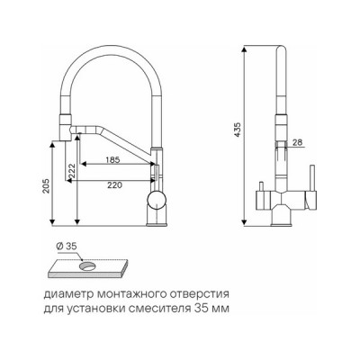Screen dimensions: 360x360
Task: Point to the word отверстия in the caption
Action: [203, 293]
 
